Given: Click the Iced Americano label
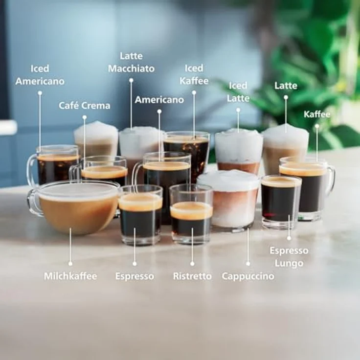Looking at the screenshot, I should coord(40,75).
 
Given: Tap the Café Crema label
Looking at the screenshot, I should coord(85,106).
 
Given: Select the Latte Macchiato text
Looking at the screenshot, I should coord(131,62).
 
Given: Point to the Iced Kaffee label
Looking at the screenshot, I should coord(194,74).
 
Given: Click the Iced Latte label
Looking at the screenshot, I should coord(238,92).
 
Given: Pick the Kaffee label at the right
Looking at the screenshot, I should coord(317,114).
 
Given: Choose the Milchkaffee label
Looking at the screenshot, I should coord(70,276).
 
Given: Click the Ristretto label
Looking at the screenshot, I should coord(192,276).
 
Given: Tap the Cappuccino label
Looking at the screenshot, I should coord(248,276).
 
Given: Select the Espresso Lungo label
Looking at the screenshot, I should coord(289,257).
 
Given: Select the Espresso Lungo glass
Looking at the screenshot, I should coord(280,202).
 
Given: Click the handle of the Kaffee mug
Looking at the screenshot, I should coord(332,179).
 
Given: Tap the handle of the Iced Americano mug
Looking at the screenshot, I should coord(31,169).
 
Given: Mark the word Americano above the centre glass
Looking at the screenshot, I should coord(159,100).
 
